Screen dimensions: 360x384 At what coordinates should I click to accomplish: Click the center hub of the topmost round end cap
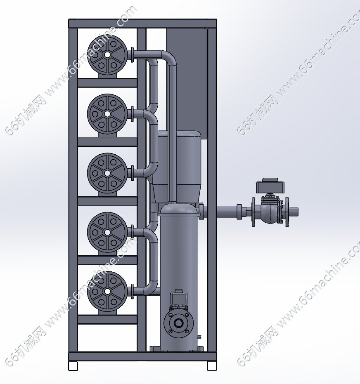107,55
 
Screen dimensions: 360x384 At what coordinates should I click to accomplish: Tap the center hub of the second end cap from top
107,114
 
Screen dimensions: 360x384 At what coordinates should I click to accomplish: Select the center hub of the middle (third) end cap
107,173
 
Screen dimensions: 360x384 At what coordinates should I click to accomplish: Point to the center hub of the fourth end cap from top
107,232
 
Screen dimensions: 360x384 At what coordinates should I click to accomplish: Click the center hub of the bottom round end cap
107,291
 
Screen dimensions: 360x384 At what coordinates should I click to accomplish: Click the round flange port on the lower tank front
178,323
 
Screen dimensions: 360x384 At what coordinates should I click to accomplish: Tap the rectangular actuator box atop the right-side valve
270,186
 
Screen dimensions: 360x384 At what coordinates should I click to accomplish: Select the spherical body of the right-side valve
270,212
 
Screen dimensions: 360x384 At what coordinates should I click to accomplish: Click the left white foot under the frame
73,365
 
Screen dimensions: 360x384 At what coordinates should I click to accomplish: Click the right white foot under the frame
212,365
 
